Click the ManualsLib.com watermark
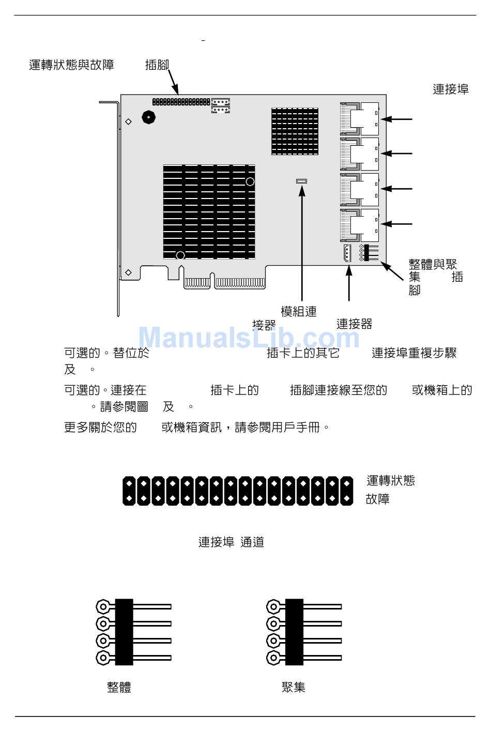249,338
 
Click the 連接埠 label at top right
450,89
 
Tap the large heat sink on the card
209,212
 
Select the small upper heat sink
295,131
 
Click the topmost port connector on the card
360,118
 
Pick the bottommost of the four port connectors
360,225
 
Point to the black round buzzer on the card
148,117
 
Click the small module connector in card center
301,181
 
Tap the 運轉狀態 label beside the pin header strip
391,481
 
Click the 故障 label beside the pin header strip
378,499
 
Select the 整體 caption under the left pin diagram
119,688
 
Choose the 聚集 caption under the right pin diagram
294,687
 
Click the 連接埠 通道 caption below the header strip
231,542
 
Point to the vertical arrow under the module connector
302,243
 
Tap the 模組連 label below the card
298,312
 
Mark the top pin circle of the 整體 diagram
103,606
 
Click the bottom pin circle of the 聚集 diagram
273,658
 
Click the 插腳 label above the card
157,65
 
